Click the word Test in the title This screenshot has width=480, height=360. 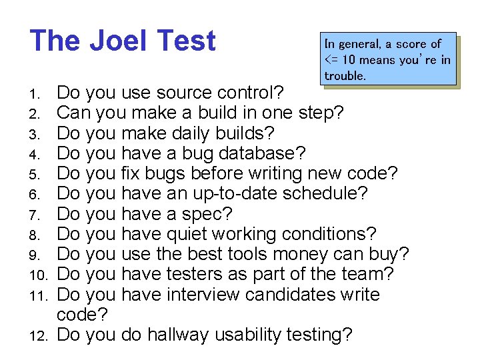[188, 41]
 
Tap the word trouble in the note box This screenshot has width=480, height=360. [345, 76]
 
